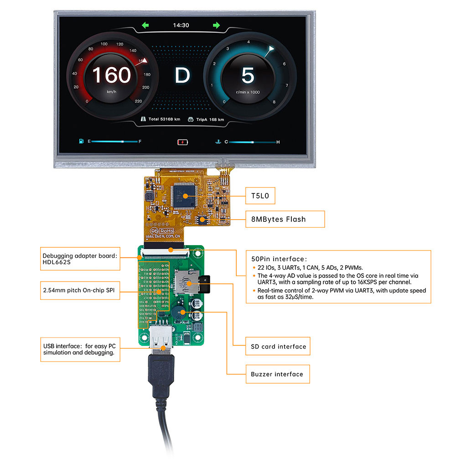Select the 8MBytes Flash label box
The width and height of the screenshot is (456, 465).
285,219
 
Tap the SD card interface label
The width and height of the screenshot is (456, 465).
278,346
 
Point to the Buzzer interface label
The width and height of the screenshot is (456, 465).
277,374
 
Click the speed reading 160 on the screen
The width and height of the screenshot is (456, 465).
112,75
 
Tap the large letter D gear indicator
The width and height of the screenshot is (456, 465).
182,75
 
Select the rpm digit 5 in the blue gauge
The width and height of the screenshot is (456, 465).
248,75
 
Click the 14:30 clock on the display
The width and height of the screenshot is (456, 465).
181,25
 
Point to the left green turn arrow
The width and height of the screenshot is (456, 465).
145,25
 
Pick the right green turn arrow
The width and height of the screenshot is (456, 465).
216,25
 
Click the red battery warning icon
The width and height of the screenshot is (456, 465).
182,142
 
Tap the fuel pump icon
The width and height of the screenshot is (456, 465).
81,141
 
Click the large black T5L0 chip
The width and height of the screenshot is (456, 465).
184,196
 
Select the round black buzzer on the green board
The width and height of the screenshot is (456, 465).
179,313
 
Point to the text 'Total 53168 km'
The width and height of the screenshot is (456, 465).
164,120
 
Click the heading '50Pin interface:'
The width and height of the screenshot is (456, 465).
280,258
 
